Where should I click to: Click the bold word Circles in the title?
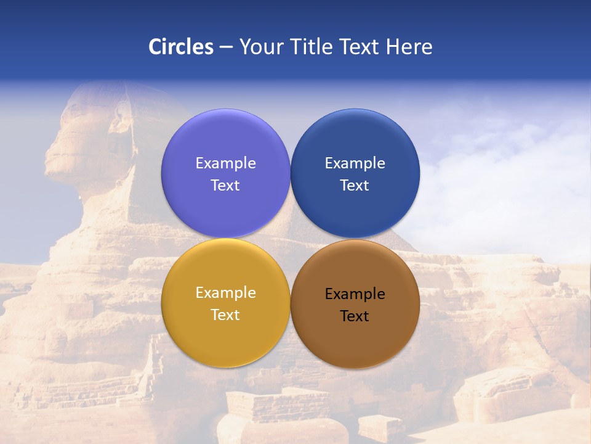[181, 47]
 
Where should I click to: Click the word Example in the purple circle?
[225, 163]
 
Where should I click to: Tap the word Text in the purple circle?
[225, 186]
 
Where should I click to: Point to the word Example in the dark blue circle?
[355, 163]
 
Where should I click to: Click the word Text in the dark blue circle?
[355, 186]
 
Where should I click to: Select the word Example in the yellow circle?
[225, 293]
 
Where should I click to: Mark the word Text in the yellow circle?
[225, 315]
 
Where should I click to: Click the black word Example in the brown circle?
[355, 294]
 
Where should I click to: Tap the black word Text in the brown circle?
[355, 316]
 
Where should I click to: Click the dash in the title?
[226, 47]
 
